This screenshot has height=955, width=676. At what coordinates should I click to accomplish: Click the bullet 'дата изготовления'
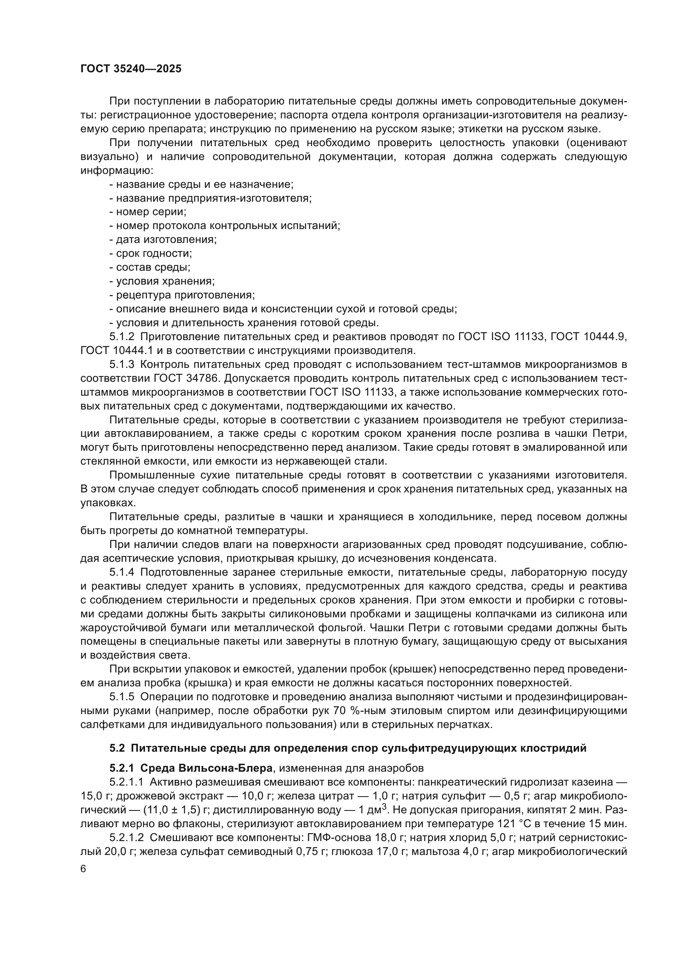click(163, 240)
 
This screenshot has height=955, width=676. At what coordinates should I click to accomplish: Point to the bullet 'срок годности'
click(150, 253)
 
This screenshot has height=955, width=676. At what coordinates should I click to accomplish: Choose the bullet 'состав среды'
click(150, 267)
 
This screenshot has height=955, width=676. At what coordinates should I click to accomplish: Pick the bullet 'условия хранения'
click(162, 281)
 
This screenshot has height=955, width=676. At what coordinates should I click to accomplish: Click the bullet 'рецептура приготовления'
click(182, 295)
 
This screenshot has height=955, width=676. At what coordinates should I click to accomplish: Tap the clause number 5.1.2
click(121, 336)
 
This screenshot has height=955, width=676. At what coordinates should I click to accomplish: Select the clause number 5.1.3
click(121, 364)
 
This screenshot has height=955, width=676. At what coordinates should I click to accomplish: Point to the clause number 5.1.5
click(121, 697)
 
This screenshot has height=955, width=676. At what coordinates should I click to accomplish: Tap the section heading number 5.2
click(117, 748)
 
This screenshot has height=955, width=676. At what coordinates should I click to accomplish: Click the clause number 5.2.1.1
click(127, 782)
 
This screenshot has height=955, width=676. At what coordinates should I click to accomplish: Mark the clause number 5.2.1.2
click(127, 837)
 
